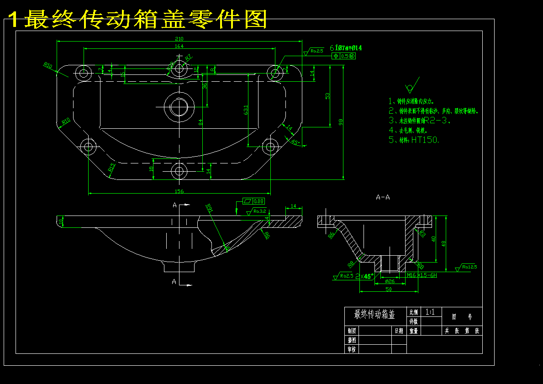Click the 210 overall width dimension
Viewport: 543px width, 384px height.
pos(179,38)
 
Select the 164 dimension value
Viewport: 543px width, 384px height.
pos(179,46)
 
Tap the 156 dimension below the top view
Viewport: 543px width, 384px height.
pos(179,191)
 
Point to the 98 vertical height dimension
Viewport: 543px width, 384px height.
pos(341,121)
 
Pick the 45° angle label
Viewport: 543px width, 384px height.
pos(295,143)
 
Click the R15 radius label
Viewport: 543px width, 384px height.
pos(111,168)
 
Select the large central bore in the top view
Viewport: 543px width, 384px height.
pos(179,107)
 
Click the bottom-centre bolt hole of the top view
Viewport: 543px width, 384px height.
pos(179,172)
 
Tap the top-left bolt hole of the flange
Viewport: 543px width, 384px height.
pos(84,73)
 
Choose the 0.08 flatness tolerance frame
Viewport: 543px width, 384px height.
pos(253,201)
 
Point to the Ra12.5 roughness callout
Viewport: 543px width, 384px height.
pos(467,267)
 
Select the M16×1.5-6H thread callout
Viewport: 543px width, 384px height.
pos(422,275)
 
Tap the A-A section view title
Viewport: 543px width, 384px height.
pos(383,197)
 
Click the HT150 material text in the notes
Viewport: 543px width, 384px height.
pos(425,140)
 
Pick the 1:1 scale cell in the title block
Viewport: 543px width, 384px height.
pos(430,312)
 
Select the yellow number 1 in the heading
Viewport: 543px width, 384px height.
pos(14,20)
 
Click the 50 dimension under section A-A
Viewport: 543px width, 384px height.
pos(389,289)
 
